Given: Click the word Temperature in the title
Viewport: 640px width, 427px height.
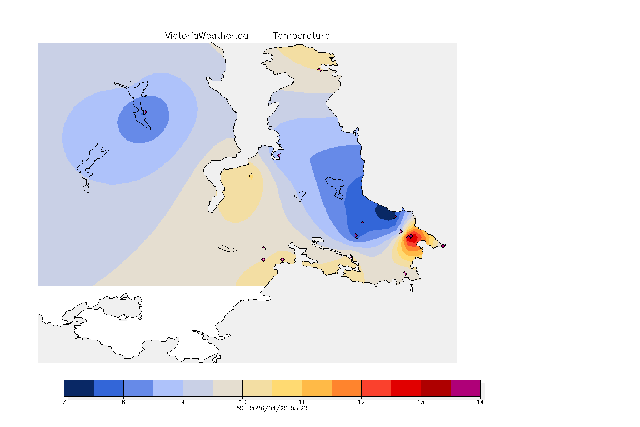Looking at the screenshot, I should (x=301, y=36).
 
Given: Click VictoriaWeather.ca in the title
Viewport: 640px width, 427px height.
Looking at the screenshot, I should (x=206, y=36).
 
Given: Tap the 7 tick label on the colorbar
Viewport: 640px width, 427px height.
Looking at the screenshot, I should (x=64, y=401).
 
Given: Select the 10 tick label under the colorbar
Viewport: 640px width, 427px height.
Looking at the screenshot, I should (x=242, y=401).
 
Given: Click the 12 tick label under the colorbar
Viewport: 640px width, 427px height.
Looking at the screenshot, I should (x=361, y=401).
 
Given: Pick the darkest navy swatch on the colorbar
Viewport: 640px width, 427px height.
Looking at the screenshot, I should (x=79, y=388).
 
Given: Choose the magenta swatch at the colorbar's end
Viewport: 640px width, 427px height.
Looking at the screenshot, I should (x=465, y=388).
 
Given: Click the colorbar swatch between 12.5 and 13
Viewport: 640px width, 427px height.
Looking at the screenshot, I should (x=406, y=388).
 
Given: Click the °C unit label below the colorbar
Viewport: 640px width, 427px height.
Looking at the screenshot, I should (x=240, y=408).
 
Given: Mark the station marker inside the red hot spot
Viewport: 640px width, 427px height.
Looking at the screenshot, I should (x=409, y=238).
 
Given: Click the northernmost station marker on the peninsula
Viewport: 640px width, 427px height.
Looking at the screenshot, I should (x=319, y=70).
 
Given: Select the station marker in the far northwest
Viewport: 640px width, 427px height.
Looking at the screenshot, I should (x=128, y=81).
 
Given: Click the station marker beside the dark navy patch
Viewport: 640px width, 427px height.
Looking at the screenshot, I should (x=394, y=217).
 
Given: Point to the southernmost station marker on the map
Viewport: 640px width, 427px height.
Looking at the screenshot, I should (x=404, y=274).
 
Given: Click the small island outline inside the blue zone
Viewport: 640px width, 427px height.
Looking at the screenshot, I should (x=335, y=186).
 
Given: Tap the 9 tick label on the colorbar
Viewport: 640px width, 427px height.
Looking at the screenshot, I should (x=183, y=401).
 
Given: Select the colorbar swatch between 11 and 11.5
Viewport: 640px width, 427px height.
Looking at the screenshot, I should (x=317, y=388).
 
